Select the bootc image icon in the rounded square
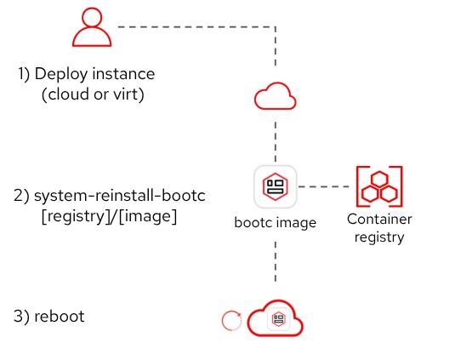pos(275,186)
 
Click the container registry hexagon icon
pos(379,186)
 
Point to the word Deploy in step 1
pos(61,74)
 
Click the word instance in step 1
pos(123,74)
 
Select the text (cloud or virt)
pos(93,94)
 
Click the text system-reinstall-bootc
pos(120,196)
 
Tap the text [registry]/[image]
pos(109,216)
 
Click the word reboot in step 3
pos(60,316)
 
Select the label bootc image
pos(275,223)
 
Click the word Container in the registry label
pos(379,220)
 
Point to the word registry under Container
pos(379,237)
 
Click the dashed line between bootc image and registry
pos(323,186)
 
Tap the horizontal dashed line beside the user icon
pos(196,27)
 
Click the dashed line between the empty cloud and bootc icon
pos(276,141)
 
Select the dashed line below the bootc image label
pos(276,261)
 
